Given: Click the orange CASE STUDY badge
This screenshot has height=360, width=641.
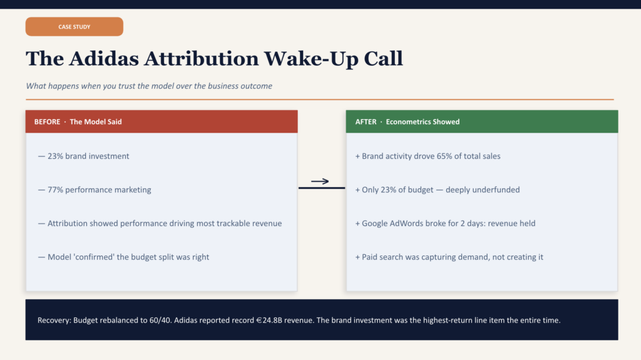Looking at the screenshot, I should tap(74, 27).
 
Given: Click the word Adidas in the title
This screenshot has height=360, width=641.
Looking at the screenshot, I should tap(102, 59).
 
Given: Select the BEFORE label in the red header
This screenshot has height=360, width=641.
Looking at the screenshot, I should tap(47, 121).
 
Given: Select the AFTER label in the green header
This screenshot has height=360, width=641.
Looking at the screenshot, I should tap(366, 121).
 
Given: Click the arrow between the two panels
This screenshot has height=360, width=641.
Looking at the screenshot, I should tap(320, 182).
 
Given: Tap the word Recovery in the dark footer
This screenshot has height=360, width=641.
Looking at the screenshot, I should tap(54, 321).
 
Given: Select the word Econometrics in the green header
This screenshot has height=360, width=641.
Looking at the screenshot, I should tap(409, 121).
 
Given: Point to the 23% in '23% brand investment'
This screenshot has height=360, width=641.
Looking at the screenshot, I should tap(55, 156).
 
